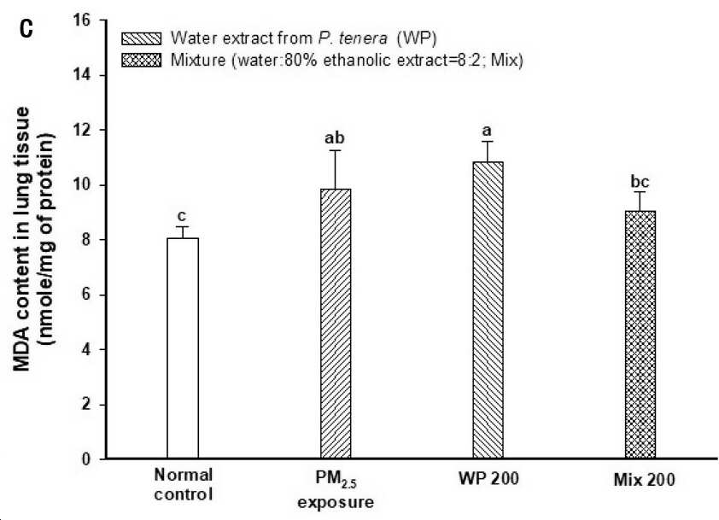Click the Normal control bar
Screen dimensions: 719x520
point(183,348)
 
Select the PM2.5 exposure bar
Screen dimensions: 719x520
point(336,324)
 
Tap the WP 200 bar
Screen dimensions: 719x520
point(488,311)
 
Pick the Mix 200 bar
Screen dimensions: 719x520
point(640,335)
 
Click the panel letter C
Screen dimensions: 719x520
point(26,29)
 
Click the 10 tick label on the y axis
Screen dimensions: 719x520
point(83,184)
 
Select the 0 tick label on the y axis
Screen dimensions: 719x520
point(86,459)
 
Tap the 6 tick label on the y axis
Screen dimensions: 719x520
point(86,295)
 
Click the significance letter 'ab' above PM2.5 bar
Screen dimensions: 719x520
point(335,137)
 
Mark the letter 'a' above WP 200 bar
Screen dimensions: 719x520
point(487,131)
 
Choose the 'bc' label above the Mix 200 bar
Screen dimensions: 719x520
point(640,182)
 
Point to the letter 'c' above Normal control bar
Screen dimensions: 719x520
point(182,216)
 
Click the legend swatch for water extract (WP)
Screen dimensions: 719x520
point(141,38)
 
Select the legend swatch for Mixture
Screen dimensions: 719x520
point(141,61)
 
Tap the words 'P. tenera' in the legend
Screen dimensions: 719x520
point(353,38)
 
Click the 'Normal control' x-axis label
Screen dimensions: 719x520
point(184,484)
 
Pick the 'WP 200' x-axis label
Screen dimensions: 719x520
point(488,478)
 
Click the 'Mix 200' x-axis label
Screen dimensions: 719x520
point(644,480)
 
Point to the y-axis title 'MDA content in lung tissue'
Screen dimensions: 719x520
point(21,239)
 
